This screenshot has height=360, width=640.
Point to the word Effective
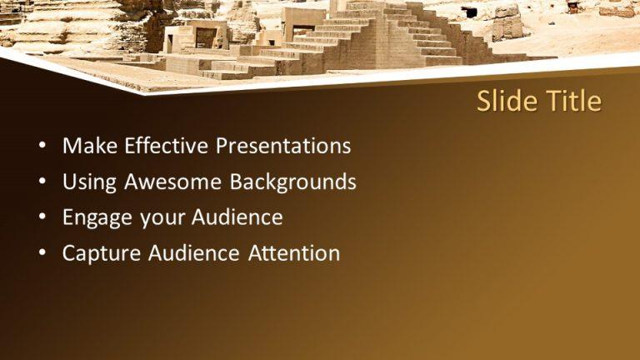coord(167,147)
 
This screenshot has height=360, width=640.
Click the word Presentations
coord(283,147)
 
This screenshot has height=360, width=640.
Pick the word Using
coord(90,182)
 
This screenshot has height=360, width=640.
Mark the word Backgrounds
coord(293,182)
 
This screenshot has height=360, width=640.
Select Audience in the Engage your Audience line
coord(237,218)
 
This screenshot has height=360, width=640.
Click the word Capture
coord(102,254)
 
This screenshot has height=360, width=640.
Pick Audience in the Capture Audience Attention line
coord(193,254)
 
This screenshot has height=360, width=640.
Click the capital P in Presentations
coord(222,147)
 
